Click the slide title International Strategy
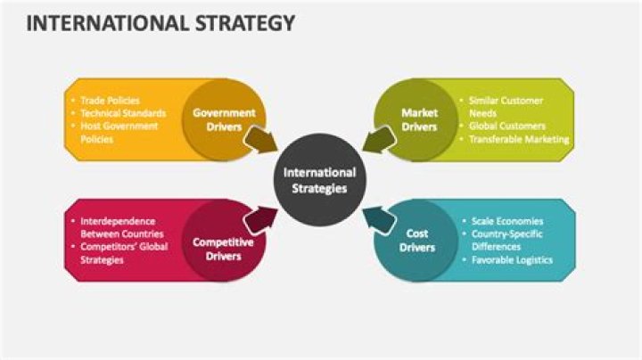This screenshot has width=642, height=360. click(x=160, y=24)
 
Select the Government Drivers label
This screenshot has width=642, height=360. click(x=224, y=119)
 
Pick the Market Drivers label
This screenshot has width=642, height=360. click(x=419, y=119)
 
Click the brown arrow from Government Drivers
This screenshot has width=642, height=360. click(x=259, y=140)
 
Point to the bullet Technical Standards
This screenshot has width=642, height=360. click(x=123, y=113)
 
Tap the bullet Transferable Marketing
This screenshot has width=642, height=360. click(x=519, y=139)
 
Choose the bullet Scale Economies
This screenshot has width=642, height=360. click(x=506, y=221)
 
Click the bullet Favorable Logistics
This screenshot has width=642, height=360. click(x=512, y=260)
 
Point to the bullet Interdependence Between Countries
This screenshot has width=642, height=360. click(x=118, y=227)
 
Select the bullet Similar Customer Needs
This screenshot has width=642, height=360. click(x=506, y=107)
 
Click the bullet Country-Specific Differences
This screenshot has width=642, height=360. click(x=506, y=241)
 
